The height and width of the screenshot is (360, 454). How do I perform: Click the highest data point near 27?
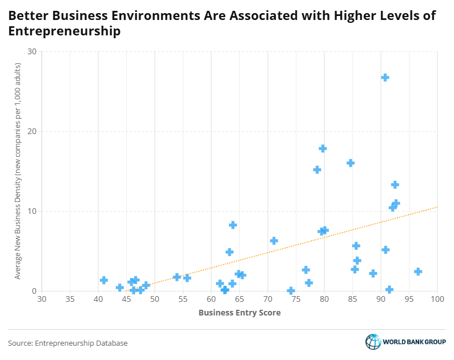tap(385, 78)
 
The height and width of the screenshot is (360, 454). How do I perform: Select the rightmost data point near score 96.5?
tap(418, 272)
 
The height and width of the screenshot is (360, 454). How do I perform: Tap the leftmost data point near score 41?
tap(104, 280)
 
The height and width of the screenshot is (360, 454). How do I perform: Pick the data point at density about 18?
tap(323, 148)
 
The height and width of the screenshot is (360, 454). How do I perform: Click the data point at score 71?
tap(274, 241)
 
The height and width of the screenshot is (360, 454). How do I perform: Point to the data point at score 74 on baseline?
tap(291, 291)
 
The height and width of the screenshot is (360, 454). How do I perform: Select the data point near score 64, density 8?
tap(233, 225)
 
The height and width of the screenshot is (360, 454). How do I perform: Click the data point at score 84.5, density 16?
tap(351, 163)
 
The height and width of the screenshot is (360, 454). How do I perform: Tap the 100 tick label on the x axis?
tap(437, 299)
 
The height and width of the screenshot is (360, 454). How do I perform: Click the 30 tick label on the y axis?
tap(32, 52)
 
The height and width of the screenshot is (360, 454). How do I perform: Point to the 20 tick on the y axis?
tap(32, 131)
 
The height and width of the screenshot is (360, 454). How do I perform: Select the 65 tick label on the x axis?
tap(239, 299)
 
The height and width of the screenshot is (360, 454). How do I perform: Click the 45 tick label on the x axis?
tap(126, 299)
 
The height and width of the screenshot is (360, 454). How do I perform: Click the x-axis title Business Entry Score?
tap(239, 313)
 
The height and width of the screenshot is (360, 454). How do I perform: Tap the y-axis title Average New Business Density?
tap(18, 171)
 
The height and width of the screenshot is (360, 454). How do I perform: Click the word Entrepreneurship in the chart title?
tap(65, 32)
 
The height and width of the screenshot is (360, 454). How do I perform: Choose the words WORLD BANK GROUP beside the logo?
tap(415, 343)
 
